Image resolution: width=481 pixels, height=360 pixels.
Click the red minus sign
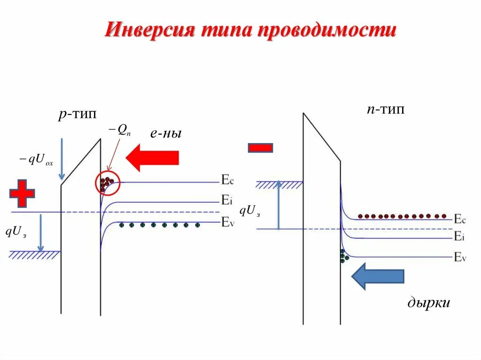point(260,148)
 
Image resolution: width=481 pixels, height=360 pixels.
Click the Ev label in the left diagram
point(227,222)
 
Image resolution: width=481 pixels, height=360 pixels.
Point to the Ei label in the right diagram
point(459,237)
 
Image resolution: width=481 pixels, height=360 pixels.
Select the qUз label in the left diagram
point(17,231)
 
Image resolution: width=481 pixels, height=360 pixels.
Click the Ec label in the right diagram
point(459,219)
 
